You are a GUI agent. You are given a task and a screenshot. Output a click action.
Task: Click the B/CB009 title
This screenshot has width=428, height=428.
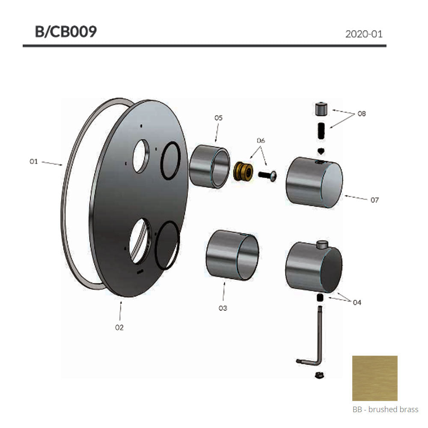click(x=66, y=32)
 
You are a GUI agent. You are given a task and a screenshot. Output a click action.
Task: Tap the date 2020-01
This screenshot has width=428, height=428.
click(x=364, y=34)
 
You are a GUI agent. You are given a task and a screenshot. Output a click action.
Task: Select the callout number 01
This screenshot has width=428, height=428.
click(x=33, y=162)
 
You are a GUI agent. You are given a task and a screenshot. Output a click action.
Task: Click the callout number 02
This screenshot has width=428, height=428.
click(x=119, y=327)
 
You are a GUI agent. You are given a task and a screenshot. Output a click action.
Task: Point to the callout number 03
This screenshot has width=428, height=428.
click(x=223, y=308)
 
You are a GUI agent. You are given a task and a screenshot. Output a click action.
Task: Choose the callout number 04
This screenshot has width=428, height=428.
click(x=357, y=303)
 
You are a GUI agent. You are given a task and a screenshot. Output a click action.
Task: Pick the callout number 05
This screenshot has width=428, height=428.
click(x=218, y=118)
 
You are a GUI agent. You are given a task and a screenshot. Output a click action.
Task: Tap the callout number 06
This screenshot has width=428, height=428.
click(x=261, y=140)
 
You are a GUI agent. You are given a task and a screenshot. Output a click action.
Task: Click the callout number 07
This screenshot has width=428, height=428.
click(x=375, y=200)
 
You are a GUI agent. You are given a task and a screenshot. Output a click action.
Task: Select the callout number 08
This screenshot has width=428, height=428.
click(x=362, y=113)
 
